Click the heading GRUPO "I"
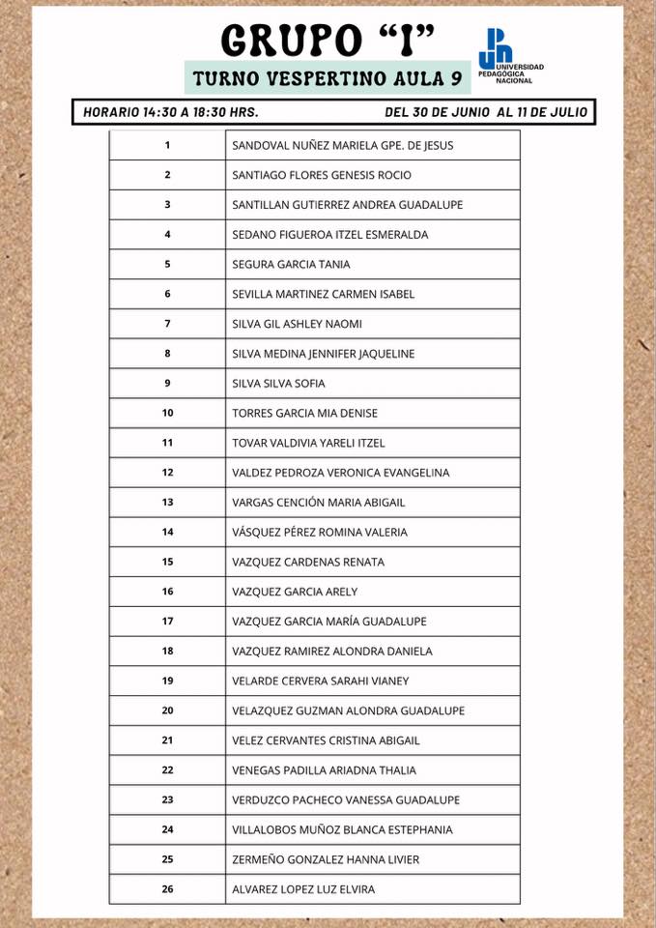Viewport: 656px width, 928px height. click(328, 41)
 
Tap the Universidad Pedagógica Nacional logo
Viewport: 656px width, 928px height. click(510, 55)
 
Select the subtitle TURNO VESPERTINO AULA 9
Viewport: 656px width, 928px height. click(328, 77)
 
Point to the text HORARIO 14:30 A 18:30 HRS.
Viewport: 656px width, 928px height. click(171, 112)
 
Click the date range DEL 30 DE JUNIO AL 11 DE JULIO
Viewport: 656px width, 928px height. click(485, 112)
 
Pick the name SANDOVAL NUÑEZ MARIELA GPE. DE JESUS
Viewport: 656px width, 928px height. click(343, 146)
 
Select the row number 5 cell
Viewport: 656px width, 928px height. click(167, 264)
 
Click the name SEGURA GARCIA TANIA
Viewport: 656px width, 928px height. click(291, 264)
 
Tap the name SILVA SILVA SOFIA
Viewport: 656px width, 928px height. click(278, 383)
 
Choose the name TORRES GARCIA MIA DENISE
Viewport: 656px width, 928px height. click(304, 413)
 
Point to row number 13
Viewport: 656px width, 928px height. click(167, 503)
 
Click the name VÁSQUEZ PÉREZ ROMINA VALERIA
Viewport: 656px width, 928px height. click(320, 532)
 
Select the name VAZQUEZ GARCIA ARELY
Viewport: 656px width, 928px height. click(295, 592)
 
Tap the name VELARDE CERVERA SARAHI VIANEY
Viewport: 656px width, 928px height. click(321, 681)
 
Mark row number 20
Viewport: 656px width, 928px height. click(167, 710)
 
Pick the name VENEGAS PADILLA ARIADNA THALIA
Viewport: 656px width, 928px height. click(325, 770)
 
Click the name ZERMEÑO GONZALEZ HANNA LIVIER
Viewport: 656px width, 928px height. click(326, 859)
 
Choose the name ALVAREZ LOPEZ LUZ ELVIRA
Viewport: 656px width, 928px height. click(303, 889)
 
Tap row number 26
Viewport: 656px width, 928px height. click(167, 889)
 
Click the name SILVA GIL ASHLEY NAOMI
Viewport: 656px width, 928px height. click(298, 324)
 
